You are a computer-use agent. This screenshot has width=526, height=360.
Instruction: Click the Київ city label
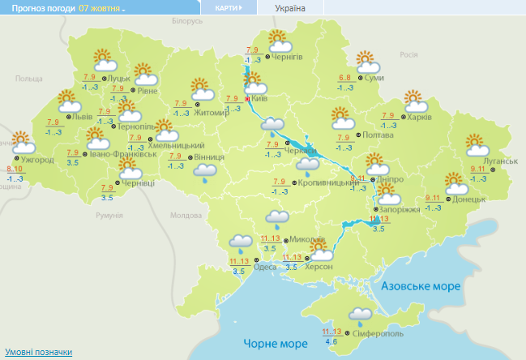tap(259, 99)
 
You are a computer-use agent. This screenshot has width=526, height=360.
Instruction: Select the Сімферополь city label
tap(375, 334)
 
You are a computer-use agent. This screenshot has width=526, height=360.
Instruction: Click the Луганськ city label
tap(499, 161)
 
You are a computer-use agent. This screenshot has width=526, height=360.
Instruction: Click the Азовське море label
tap(421, 287)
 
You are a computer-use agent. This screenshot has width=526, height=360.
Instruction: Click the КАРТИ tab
tap(227, 7)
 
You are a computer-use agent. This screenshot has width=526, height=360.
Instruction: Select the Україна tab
tap(291, 7)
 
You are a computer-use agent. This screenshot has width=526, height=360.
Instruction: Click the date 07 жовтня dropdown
tap(102, 7)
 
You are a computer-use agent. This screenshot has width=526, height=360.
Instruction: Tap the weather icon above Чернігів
tap(278, 40)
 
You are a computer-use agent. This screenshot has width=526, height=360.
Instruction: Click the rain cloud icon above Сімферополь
tap(361, 315)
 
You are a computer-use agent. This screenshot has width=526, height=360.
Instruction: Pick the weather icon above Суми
tap(368, 60)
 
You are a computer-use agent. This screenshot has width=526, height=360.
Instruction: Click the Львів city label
tap(82, 117)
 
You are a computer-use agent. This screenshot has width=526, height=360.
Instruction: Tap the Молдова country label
tap(186, 215)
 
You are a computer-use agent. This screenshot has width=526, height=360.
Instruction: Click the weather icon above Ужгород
tap(23, 142)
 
